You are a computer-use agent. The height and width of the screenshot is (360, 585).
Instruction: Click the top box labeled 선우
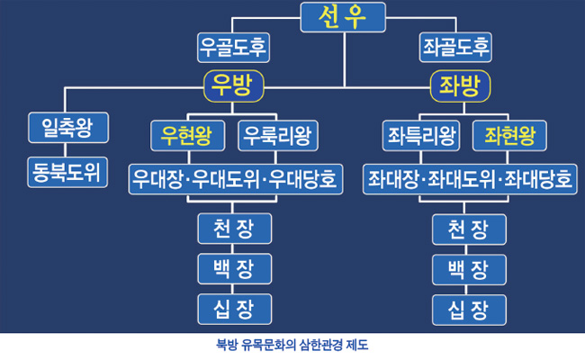click(x=343, y=17)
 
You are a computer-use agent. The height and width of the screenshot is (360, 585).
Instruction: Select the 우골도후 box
click(x=233, y=47)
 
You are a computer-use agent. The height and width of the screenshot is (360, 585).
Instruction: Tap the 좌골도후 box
click(x=455, y=47)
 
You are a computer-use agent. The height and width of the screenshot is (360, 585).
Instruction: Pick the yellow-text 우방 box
click(x=233, y=85)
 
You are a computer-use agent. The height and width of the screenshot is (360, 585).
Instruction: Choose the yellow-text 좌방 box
click(x=460, y=85)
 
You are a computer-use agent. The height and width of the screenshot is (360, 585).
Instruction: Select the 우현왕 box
click(x=186, y=137)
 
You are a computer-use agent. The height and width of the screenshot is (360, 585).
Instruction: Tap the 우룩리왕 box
click(x=276, y=137)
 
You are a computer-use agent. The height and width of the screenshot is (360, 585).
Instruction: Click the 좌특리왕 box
click(x=419, y=137)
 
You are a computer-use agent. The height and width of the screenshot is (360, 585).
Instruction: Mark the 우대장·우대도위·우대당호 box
click(x=233, y=179)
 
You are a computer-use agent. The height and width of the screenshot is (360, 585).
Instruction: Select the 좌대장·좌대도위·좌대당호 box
click(x=468, y=179)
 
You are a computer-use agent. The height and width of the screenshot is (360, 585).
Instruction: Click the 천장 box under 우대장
click(x=233, y=229)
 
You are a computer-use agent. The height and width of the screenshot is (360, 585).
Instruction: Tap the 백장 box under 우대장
click(x=233, y=268)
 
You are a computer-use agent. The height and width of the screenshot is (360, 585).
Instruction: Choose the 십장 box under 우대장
click(x=233, y=309)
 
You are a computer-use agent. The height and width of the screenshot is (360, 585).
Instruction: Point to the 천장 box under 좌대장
click(x=468, y=229)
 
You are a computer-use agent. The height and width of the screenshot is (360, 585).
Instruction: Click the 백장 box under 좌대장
click(x=468, y=268)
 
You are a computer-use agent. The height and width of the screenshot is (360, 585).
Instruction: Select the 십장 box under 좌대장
click(x=468, y=309)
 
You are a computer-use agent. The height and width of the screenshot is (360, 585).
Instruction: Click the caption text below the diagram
click(x=292, y=345)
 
